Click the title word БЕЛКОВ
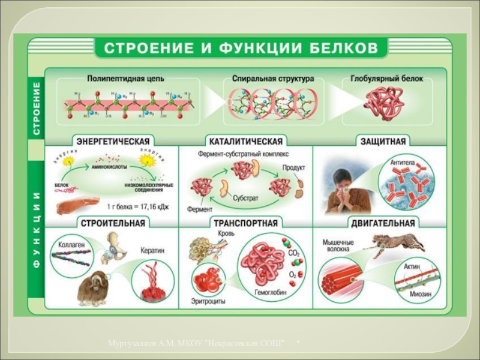[x=340, y=47]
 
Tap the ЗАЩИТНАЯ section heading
[x=383, y=142]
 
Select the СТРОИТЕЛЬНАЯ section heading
[x=111, y=223]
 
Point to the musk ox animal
[x=93, y=287]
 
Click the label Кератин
[x=153, y=251]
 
